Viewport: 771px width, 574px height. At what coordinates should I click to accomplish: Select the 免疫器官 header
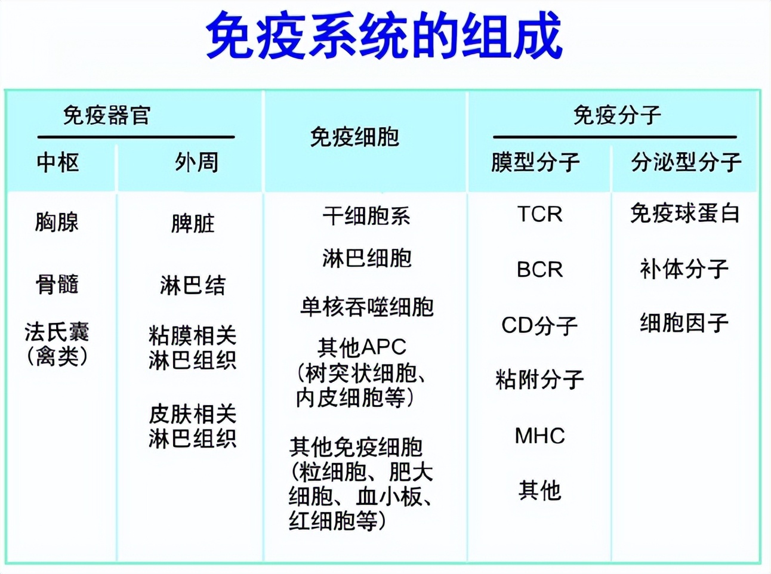pyautogui.click(x=107, y=115)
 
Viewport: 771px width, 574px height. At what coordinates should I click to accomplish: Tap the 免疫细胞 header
pyautogui.click(x=354, y=137)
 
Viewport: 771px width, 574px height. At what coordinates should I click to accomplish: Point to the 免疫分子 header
pyautogui.click(x=616, y=115)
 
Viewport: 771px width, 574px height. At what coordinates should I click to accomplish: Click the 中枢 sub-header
pyautogui.click(x=57, y=162)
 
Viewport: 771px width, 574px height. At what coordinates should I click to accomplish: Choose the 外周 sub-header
pyautogui.click(x=196, y=162)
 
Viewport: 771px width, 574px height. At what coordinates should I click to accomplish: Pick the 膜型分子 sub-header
pyautogui.click(x=535, y=162)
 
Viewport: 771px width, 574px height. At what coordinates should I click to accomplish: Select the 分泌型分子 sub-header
pyautogui.click(x=686, y=162)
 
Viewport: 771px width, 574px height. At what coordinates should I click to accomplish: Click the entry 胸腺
pyautogui.click(x=57, y=222)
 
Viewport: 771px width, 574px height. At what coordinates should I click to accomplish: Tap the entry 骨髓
pyautogui.click(x=57, y=284)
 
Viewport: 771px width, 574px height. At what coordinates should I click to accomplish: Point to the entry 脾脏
pyautogui.click(x=192, y=224)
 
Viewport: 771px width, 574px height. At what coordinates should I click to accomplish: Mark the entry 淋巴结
pyautogui.click(x=192, y=285)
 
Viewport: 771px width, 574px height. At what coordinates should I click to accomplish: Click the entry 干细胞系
pyautogui.click(x=366, y=215)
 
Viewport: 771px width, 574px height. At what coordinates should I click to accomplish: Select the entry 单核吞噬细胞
pyautogui.click(x=366, y=307)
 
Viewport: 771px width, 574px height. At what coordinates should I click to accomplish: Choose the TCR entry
pyautogui.click(x=539, y=214)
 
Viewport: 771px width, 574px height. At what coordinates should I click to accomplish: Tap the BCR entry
pyautogui.click(x=539, y=270)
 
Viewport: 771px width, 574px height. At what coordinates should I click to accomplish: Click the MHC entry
pyautogui.click(x=539, y=436)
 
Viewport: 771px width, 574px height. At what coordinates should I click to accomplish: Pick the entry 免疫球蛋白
pyautogui.click(x=685, y=214)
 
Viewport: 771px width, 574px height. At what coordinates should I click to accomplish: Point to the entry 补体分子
pyautogui.click(x=684, y=269)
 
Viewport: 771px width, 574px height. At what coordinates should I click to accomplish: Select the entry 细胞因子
pyautogui.click(x=684, y=323)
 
